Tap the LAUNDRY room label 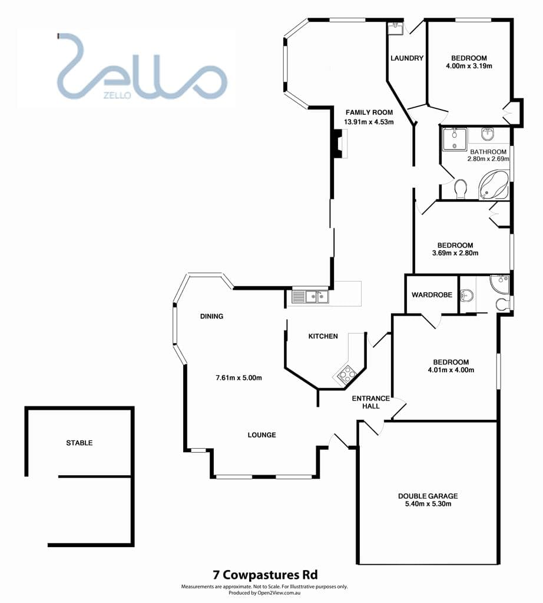pos(407,58)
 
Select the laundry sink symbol pos(395,28)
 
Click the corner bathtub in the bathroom pos(494,185)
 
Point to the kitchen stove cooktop pos(347,375)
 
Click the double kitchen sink pos(310,297)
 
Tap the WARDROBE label pos(432,295)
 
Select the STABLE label pos(80,443)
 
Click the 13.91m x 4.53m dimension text pos(369,122)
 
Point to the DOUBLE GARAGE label pos(428,496)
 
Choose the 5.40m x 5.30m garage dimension pos(428,504)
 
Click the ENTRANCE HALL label pos(370,402)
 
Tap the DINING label pos(211,316)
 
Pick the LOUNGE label pos(262,435)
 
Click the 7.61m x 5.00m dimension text pos(239,377)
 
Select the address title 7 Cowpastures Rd pos(266,575)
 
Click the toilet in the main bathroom pos(460,188)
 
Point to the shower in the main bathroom pos(454,139)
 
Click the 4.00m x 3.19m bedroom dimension pos(469,66)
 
